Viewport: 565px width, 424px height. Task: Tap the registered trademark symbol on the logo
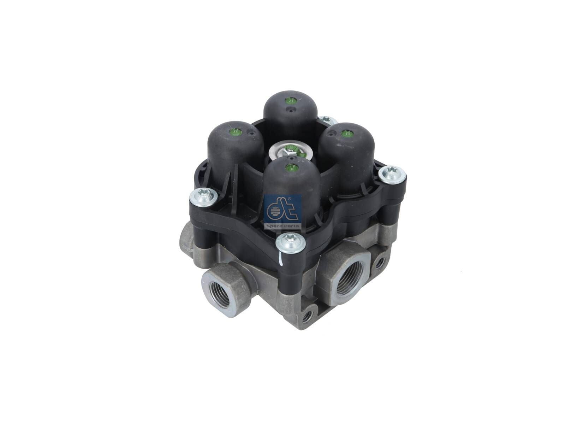(x=290, y=200)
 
